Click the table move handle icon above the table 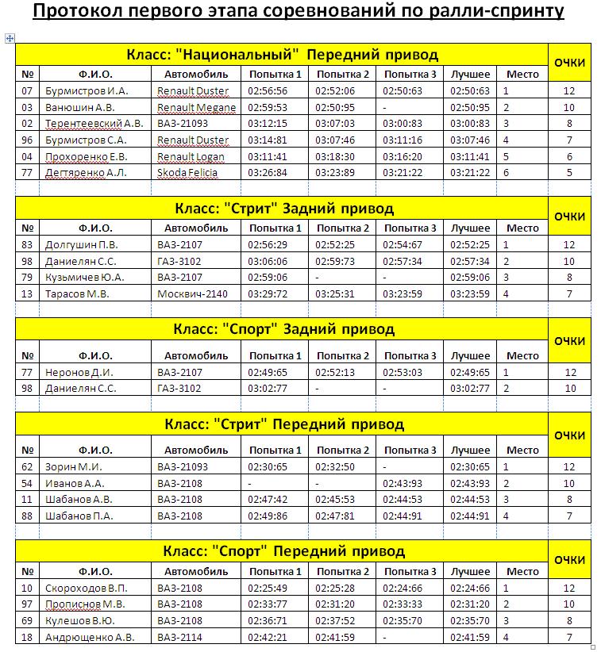click(10, 37)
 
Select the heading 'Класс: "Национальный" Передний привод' click(282, 55)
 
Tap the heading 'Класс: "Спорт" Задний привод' click(282, 329)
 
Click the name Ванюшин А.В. click(80, 107)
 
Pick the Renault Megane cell click(196, 107)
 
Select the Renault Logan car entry click(191, 156)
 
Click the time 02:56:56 click(268, 90)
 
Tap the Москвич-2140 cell click(191, 293)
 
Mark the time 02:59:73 click(335, 261)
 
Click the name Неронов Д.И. click(79, 372)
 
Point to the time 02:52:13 click(335, 372)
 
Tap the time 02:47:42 click(268, 500)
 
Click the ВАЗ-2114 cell click(179, 637)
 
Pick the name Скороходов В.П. click(87, 588)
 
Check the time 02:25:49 click(268, 588)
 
